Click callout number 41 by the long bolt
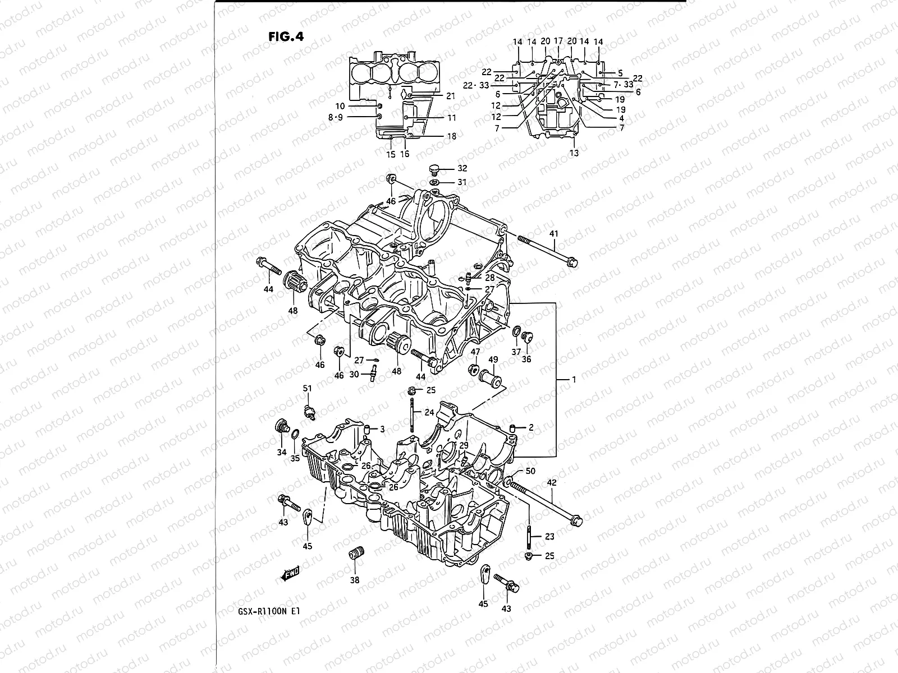554,233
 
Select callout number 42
552,482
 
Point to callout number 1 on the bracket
574,380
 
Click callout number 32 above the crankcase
462,168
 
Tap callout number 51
307,388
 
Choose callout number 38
355,580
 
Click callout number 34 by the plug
282,452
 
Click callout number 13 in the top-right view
574,153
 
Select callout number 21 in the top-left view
450,96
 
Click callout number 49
493,359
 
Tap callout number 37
516,352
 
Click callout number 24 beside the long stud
429,412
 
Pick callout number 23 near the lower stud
549,537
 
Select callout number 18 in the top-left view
452,136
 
